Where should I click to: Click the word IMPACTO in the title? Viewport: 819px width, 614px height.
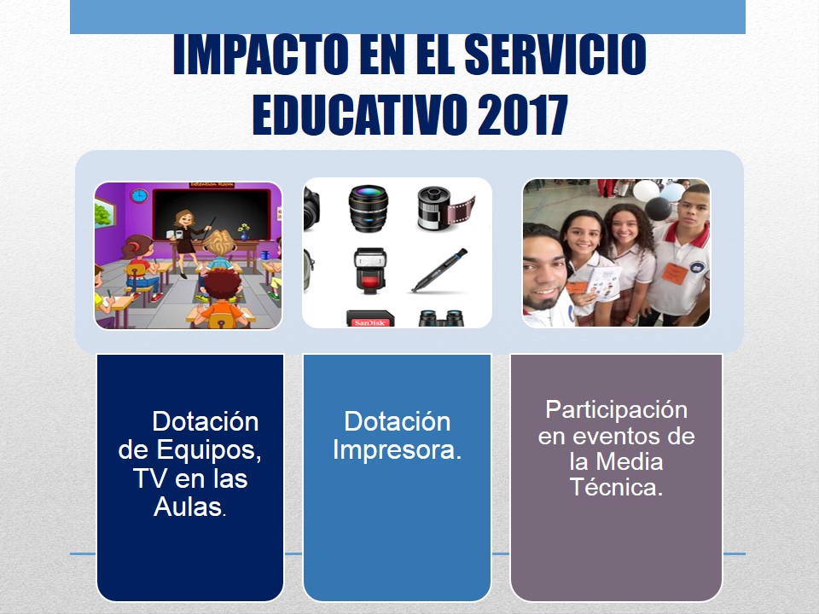click(261, 55)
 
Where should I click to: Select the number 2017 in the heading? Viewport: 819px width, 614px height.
click(522, 115)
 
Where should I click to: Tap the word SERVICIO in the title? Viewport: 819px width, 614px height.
click(555, 55)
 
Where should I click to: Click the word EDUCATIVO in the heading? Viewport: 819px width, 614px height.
click(359, 115)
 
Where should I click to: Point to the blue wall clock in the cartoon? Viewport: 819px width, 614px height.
click(139, 196)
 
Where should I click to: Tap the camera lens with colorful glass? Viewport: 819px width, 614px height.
click(369, 208)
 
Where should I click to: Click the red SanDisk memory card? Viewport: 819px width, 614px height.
click(369, 319)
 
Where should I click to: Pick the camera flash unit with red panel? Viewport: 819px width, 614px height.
click(370, 269)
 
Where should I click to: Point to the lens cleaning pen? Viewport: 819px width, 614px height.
click(439, 270)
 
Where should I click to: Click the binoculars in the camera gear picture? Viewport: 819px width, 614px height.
click(441, 318)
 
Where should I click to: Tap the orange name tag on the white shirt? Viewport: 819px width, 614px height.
click(674, 273)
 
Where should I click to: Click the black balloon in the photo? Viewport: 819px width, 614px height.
click(658, 209)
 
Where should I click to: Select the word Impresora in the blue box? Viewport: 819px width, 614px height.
click(397, 449)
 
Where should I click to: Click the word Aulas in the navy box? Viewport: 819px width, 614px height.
click(189, 506)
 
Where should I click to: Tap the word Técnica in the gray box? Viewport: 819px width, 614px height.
click(616, 487)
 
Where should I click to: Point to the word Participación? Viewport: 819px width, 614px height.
click(616, 410)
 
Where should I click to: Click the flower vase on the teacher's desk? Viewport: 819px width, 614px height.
click(243, 232)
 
